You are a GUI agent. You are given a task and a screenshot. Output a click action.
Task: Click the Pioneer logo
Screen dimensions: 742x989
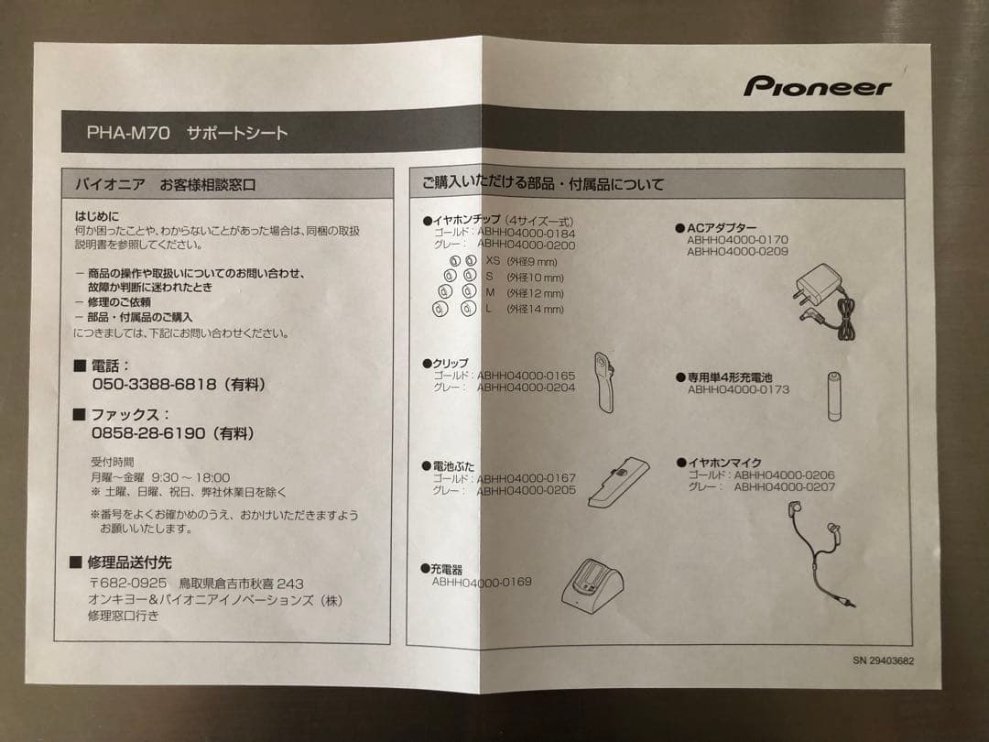click(x=817, y=87)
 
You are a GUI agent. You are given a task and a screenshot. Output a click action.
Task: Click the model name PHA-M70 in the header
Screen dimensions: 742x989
click(x=128, y=133)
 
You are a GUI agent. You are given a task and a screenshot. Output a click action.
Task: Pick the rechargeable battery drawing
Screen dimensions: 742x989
click(x=834, y=396)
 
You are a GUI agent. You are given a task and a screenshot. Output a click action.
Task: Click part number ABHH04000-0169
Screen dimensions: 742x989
click(x=482, y=582)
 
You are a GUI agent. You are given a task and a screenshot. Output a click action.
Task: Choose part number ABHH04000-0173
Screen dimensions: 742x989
click(x=738, y=389)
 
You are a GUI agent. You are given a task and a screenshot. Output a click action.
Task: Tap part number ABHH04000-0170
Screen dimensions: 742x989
click(x=737, y=240)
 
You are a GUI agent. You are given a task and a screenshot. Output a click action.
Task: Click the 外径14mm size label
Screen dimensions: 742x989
click(x=536, y=310)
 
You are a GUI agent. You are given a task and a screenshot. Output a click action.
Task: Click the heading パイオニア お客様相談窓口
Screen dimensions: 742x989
click(x=165, y=184)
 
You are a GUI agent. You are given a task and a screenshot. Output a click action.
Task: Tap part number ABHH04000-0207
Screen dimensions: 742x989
click(x=784, y=487)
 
